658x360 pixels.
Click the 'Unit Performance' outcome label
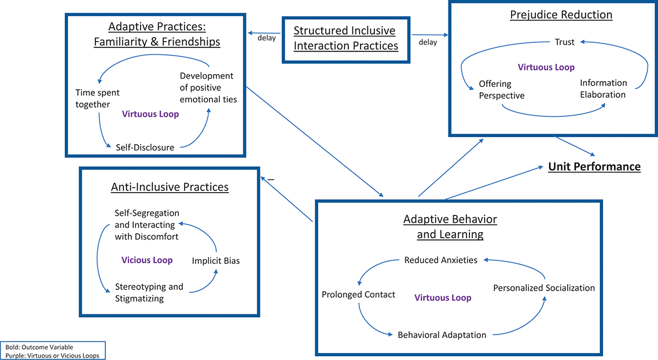(594, 167)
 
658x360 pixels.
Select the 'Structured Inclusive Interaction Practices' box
(346, 38)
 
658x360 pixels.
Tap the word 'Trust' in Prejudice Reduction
(564, 42)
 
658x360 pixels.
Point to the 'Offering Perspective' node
(501, 90)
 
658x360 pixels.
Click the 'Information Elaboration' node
(603, 89)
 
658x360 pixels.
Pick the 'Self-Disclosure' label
(145, 147)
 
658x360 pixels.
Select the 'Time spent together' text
(97, 98)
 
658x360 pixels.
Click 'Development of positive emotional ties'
(208, 87)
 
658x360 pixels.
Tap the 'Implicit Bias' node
(216, 260)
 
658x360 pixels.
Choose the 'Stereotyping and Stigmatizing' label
(149, 292)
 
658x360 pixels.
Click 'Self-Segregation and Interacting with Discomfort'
(146, 225)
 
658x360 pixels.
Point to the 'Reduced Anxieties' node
(441, 260)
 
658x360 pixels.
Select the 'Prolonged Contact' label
(358, 295)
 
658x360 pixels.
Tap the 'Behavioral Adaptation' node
(442, 335)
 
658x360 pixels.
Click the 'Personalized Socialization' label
(543, 288)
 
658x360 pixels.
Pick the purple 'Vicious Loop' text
(147, 260)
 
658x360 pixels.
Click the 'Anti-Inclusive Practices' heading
(170, 187)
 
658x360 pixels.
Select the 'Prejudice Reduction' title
(561, 14)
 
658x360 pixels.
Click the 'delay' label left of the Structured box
(267, 39)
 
